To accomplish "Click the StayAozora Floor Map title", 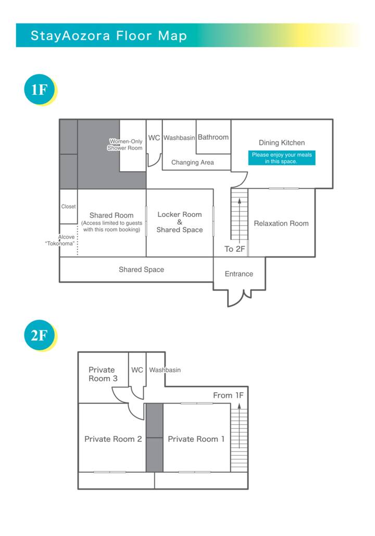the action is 109,35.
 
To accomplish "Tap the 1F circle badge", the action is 40,89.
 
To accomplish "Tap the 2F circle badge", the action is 40,335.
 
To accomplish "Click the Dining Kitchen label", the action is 281,143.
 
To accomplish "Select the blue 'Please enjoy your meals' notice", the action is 282,158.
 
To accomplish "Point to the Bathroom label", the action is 213,137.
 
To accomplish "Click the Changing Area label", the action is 192,162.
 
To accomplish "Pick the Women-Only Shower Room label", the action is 125,144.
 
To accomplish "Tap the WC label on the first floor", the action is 154,138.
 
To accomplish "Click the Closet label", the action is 68,206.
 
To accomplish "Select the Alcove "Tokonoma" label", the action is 60,240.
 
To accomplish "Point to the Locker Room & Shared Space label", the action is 180,222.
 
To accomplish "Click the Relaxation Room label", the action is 281,223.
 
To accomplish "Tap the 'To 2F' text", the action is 234,249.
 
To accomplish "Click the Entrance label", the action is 239,274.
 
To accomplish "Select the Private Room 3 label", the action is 103,374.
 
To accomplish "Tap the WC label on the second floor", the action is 137,370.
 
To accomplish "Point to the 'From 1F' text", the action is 228,395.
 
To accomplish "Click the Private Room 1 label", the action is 196,439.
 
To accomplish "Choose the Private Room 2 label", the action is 113,439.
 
